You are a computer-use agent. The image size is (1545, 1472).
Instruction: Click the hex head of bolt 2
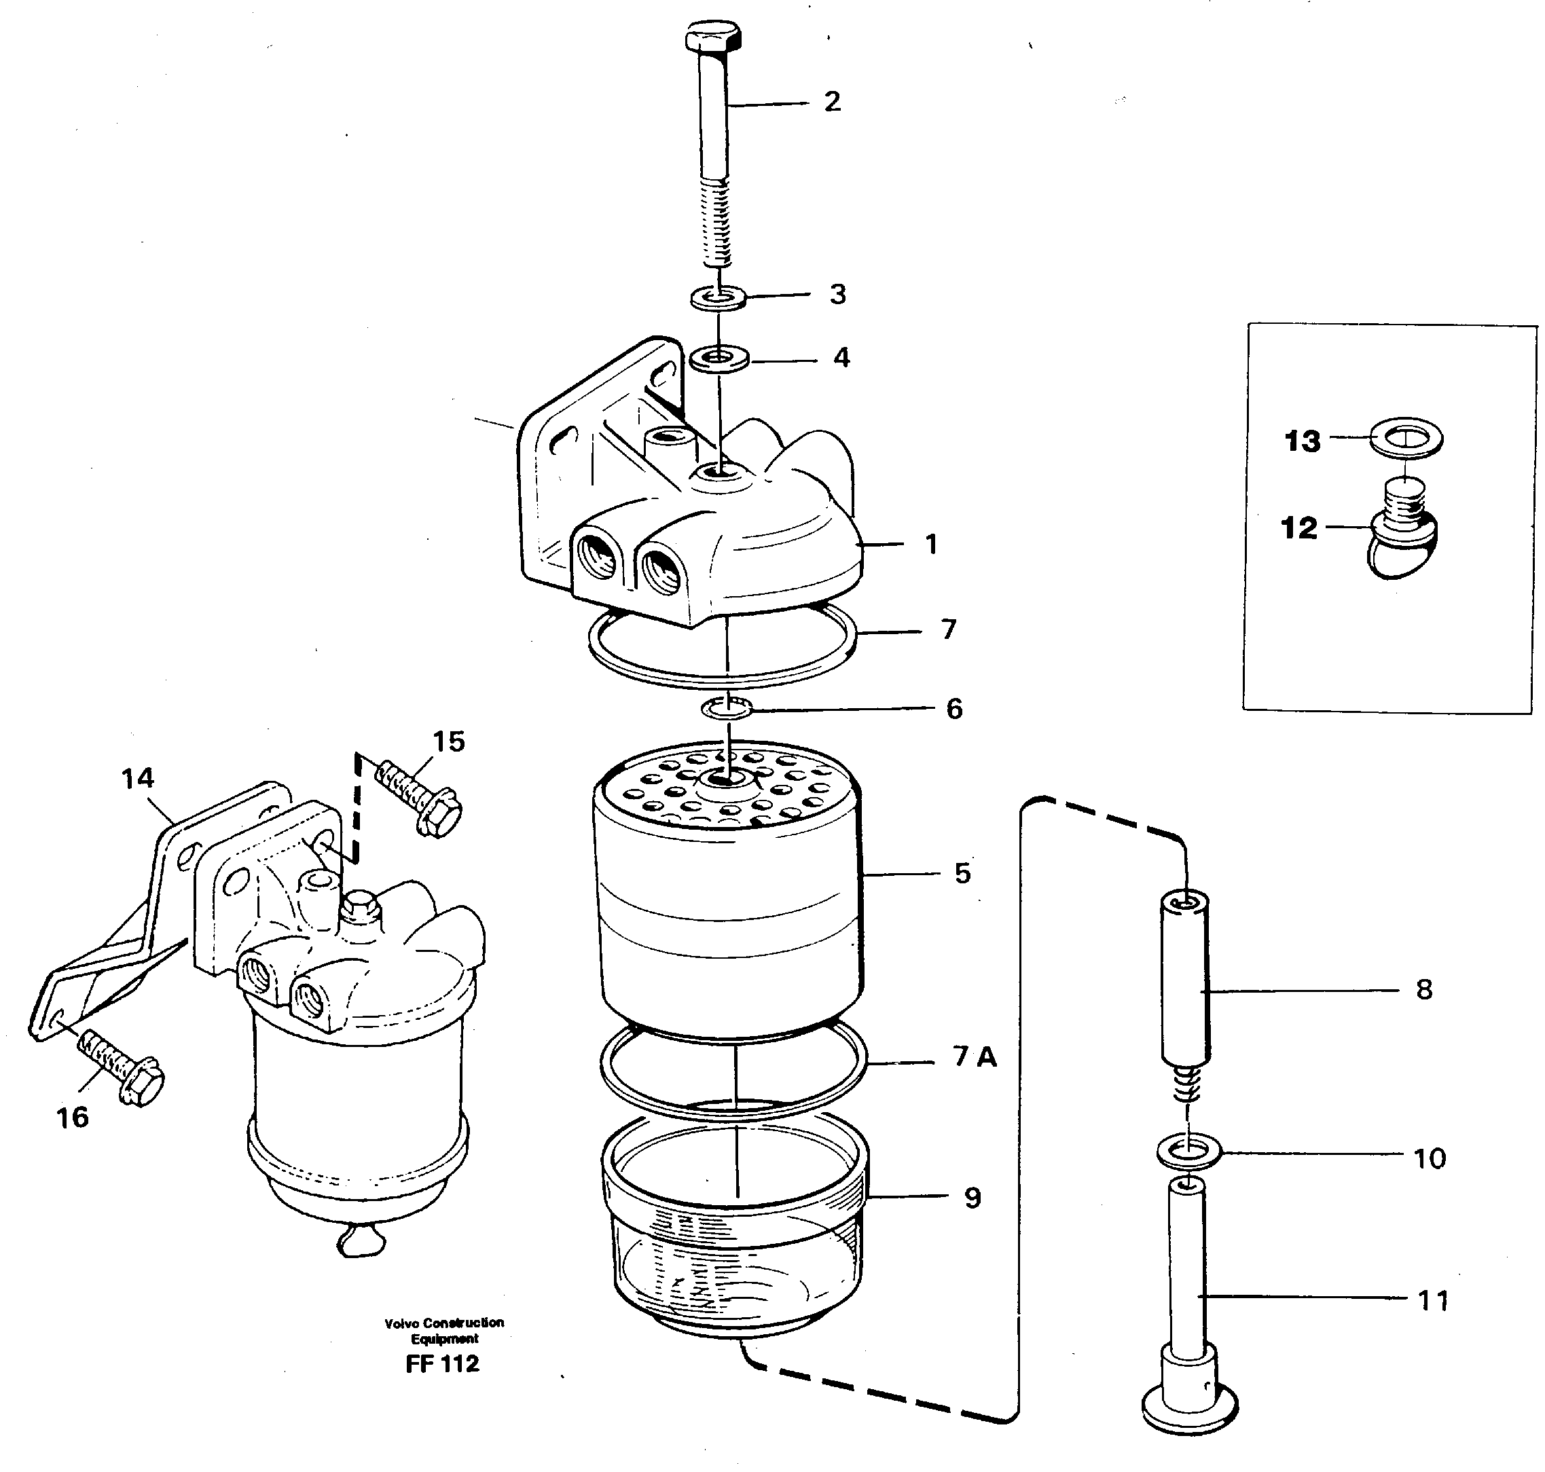coord(712,37)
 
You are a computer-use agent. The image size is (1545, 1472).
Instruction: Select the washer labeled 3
coord(718,298)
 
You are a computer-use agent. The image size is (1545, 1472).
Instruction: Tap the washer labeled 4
coord(719,359)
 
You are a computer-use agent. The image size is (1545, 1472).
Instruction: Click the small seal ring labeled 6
coord(727,709)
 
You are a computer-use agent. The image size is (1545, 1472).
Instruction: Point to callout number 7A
coord(975,1058)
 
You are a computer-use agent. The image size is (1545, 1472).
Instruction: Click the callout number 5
coord(963,872)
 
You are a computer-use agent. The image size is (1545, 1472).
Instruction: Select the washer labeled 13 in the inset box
coord(1406,437)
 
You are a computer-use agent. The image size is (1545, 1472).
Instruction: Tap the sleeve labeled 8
coord(1184,981)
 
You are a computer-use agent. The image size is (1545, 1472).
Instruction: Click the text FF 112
coord(441,1364)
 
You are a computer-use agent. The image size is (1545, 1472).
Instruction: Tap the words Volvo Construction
coord(444,1323)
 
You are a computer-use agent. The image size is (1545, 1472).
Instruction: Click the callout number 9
coord(973,1198)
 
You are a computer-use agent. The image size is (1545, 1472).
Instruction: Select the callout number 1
coord(931,544)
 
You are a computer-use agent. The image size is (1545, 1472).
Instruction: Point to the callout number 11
coord(1433,1300)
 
